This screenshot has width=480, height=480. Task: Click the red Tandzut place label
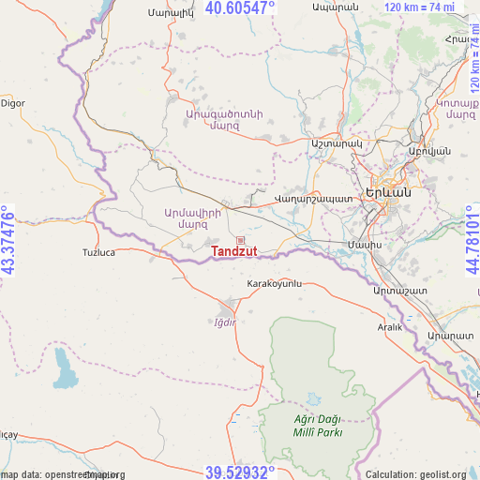233,251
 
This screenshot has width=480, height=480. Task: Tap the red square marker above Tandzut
240,240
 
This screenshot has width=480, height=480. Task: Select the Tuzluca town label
98,253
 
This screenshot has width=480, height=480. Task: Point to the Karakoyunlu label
275,282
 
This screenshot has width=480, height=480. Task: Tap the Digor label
13,103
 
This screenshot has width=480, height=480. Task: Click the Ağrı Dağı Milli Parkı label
316,425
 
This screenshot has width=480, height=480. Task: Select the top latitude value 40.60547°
240,8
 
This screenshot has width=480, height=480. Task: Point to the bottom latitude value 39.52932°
240,472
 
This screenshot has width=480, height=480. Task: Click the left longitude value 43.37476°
8,240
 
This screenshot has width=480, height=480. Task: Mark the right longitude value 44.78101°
471,240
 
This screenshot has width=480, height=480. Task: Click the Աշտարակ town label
335,143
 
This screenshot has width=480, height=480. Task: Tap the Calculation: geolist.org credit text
416,473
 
